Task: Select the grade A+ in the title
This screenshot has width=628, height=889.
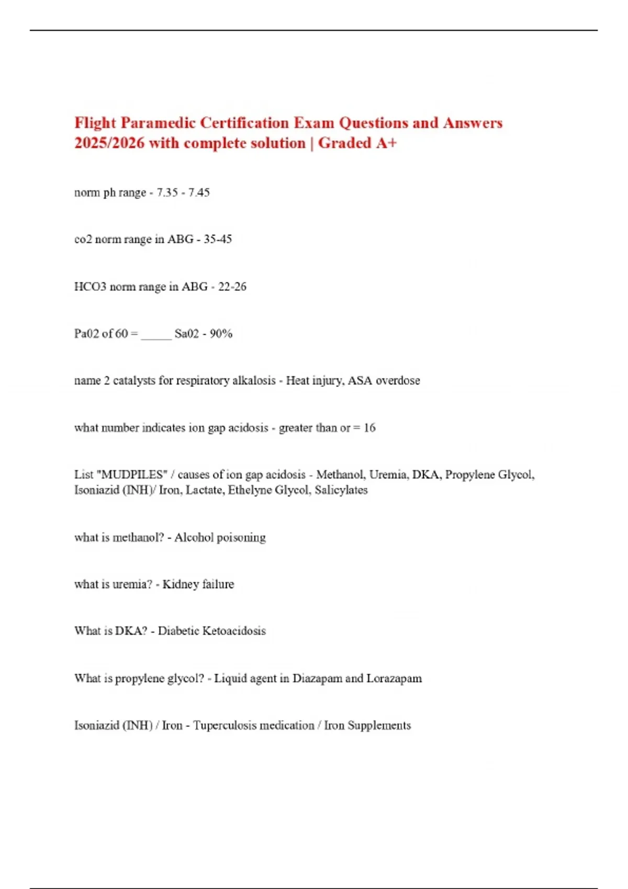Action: coord(386,143)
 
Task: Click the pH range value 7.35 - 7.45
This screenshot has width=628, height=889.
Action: coord(183,192)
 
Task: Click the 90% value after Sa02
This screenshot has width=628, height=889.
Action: coord(221,334)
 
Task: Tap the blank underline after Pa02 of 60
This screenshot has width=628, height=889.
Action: coord(156,335)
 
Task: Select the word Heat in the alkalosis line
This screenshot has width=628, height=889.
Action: coord(298,381)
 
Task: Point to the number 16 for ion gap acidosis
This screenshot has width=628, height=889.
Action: coord(369,428)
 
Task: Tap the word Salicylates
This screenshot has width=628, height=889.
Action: coord(341,490)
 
